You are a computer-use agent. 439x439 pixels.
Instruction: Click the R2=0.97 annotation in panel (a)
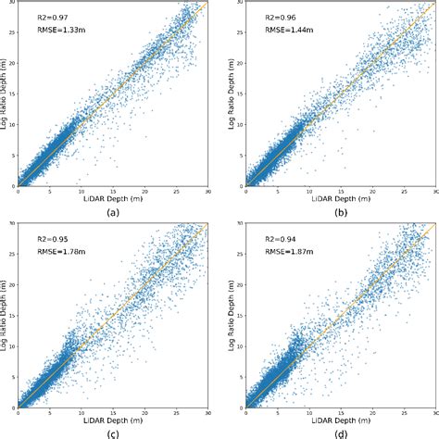(44, 17)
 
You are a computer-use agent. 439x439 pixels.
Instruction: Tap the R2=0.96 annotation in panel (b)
(271, 17)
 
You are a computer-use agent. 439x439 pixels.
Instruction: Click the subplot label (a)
(113, 212)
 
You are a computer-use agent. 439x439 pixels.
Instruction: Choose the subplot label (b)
(340, 212)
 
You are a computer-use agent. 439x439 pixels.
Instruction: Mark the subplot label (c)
(113, 433)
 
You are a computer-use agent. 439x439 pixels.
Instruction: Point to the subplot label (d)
(340, 433)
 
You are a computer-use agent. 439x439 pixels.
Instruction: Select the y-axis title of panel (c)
(6, 315)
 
